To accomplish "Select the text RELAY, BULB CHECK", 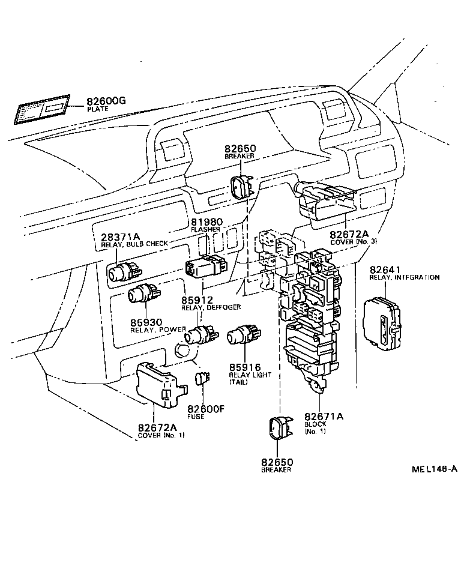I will click(134, 244).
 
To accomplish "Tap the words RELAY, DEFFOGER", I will click(211, 307).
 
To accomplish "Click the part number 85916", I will click(246, 367).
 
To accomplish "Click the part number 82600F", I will click(204, 409).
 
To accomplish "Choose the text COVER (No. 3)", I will click(353, 241).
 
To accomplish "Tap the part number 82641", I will click(384, 270).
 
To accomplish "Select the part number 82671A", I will click(324, 417).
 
